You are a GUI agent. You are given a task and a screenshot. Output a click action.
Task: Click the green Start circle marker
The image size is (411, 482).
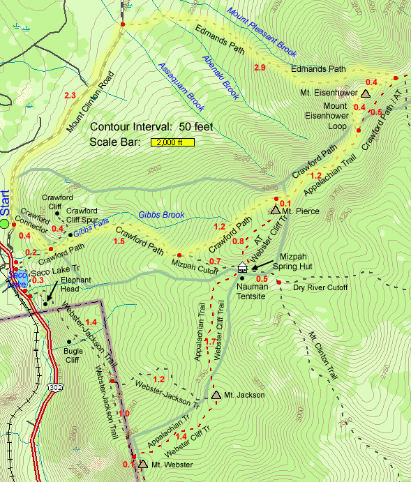click(5, 224)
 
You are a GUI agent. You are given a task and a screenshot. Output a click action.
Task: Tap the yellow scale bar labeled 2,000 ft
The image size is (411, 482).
click(170, 142)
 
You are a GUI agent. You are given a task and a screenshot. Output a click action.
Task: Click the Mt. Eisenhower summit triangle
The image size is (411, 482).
click(366, 93)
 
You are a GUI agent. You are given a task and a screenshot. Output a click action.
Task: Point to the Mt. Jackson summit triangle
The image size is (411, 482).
click(216, 396)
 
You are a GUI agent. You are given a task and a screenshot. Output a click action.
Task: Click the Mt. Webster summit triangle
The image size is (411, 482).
click(143, 464)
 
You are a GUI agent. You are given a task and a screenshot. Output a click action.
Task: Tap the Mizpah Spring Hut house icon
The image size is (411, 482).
click(243, 267)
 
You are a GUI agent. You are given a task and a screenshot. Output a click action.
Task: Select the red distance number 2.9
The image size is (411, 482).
click(260, 68)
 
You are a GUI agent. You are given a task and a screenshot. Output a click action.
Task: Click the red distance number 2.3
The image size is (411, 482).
click(69, 95)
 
